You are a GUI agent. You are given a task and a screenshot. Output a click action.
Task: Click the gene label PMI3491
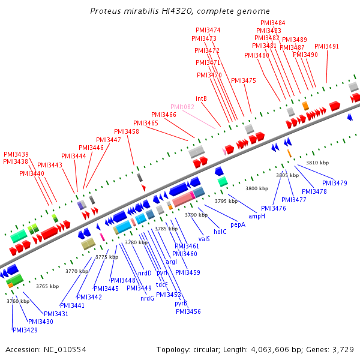point(326,46)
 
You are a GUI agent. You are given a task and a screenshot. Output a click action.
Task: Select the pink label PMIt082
point(182,107)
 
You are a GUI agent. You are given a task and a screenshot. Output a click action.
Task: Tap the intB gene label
point(201,98)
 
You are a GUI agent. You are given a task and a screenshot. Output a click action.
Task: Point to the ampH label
point(257,216)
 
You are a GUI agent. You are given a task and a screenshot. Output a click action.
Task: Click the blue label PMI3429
point(25,330)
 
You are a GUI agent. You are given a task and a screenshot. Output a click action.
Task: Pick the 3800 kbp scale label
point(257,189)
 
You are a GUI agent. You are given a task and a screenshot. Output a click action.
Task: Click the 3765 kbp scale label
point(47,287)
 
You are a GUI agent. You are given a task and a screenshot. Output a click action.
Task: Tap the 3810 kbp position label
point(317,163)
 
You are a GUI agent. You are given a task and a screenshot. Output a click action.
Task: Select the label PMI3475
point(243,80)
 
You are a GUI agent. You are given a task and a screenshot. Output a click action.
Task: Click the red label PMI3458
point(127,131)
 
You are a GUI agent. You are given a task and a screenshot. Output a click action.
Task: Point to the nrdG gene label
point(148,298)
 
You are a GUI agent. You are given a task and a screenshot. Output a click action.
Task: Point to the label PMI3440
point(32,173)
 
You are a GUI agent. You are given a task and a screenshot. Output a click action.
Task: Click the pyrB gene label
point(181,303)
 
